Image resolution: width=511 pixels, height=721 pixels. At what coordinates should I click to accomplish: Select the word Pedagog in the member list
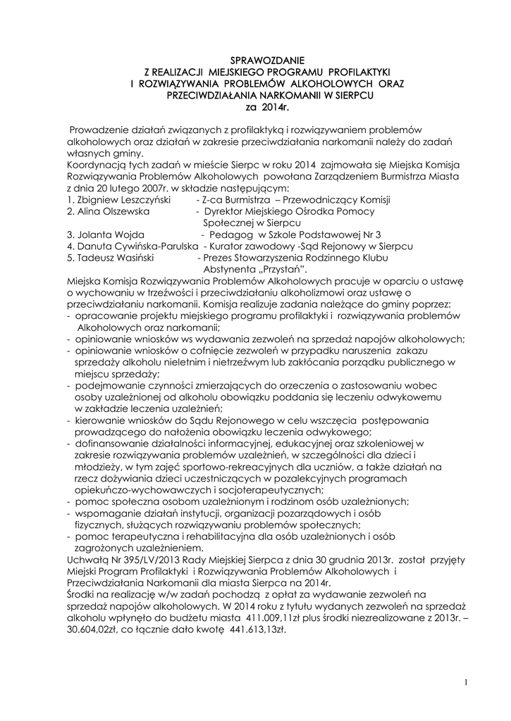pyautogui.click(x=232, y=234)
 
